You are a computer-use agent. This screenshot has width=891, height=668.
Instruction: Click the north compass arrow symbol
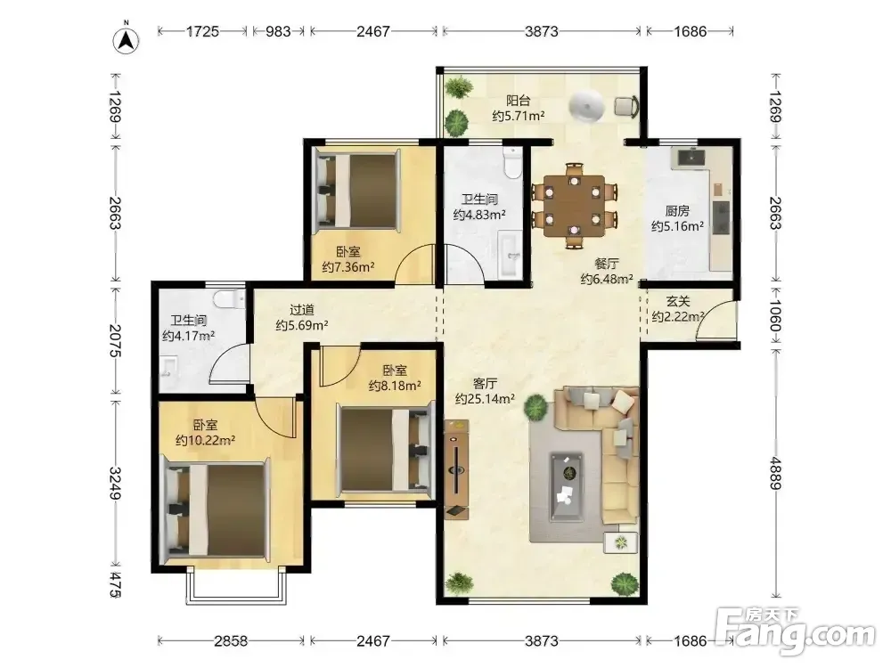coord(127,40)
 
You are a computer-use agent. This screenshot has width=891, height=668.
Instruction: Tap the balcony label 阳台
coord(519,101)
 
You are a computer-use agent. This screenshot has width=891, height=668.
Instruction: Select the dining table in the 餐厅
coord(574,205)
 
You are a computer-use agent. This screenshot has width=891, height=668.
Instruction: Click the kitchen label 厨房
coord(677,211)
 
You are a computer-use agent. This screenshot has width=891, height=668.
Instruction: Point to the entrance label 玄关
coord(678,301)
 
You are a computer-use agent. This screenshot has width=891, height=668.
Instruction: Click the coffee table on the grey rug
coord(566,487)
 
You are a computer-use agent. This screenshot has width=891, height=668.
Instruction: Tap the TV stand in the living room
coord(456,469)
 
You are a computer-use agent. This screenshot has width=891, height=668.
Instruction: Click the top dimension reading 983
coord(278,31)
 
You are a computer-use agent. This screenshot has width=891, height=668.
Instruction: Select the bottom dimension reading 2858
coord(231,640)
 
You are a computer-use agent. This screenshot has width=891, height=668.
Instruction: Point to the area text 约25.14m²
coord(485,399)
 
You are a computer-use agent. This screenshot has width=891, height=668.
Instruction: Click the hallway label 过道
coord(302,310)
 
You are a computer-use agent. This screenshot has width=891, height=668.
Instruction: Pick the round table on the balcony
coord(586,106)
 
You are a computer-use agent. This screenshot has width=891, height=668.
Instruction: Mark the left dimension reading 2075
coord(115,341)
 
